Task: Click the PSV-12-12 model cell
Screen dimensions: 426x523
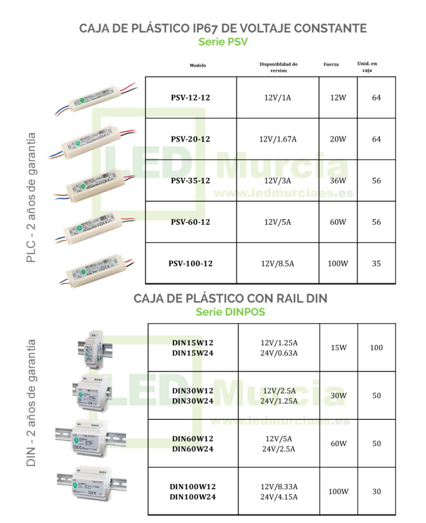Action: tap(191, 98)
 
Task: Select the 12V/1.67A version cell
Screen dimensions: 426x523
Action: tap(277, 139)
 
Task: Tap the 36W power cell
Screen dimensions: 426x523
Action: tap(338, 180)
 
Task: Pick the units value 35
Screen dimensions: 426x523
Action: tap(376, 264)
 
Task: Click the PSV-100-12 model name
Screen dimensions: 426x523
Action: tap(191, 264)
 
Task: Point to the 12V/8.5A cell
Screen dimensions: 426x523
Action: tap(277, 264)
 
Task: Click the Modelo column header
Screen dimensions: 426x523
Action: tap(198, 65)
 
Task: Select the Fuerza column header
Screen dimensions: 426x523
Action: tap(331, 64)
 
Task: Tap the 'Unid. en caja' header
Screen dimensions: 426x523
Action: tap(367, 67)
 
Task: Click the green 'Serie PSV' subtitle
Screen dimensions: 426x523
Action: tap(223, 42)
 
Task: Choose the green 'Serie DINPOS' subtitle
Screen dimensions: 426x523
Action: tap(230, 312)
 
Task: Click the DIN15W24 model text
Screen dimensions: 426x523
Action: tap(193, 353)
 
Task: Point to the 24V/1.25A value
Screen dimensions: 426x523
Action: tap(279, 401)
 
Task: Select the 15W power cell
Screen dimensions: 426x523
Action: tap(339, 347)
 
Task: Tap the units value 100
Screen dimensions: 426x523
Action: tap(376, 347)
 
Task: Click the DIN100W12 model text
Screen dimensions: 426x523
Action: tap(193, 487)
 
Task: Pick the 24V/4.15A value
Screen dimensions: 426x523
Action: tap(279, 497)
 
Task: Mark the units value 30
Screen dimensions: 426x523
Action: tap(376, 491)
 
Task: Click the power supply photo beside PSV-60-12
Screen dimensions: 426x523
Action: tap(95, 227)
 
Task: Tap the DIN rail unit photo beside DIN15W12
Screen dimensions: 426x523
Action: tap(94, 349)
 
